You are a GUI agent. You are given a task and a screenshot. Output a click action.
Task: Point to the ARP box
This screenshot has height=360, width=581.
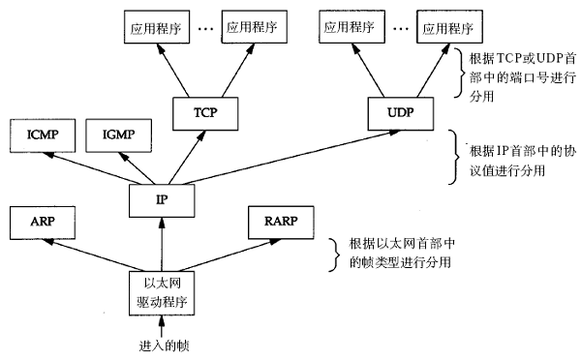pyautogui.click(x=39, y=221)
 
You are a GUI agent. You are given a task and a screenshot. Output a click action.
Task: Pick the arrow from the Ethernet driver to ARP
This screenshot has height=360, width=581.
pyautogui.click(x=97, y=254)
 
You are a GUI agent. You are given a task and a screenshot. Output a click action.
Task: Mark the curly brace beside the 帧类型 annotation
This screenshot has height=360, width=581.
pyautogui.click(x=323, y=254)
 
